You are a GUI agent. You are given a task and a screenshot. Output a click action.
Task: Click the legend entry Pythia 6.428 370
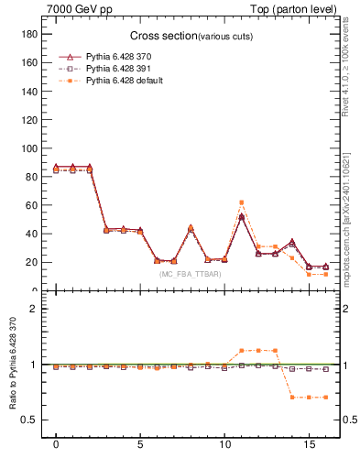[x=123, y=56]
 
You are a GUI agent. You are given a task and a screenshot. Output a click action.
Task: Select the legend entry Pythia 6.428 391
[x=123, y=69]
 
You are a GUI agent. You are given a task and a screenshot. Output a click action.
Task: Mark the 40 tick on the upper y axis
[x=30, y=234]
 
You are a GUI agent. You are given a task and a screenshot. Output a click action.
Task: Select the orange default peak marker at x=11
[x=241, y=202]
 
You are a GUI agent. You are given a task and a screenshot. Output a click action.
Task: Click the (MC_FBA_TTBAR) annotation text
[x=190, y=274]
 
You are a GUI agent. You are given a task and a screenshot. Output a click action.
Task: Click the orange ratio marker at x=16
[x=325, y=397]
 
